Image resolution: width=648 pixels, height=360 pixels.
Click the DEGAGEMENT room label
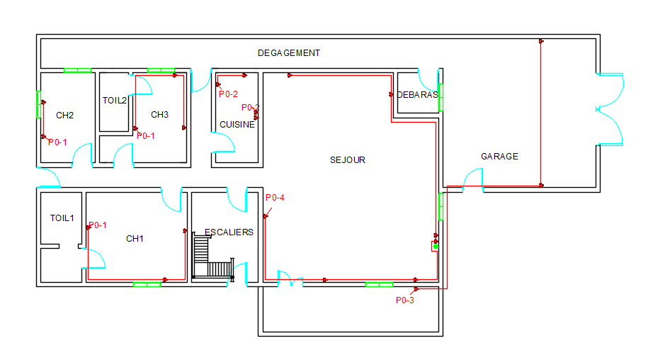pos(288,53)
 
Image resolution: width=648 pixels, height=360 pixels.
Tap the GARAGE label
pos(499,156)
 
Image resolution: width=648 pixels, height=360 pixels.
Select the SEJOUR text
pos(348,160)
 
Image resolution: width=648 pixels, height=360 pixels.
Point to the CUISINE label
pos(237,125)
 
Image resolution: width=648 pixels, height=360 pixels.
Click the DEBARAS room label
pos(417,95)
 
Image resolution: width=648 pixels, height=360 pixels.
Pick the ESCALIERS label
pos(229,232)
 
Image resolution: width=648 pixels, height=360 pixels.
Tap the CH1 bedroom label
pos(135,239)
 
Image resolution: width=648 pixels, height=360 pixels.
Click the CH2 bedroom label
pos(64,116)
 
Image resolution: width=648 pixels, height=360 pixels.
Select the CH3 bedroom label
pos(159,115)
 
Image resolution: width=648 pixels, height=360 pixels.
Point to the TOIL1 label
pos(62,218)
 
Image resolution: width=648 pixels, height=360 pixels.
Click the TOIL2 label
pos(115,101)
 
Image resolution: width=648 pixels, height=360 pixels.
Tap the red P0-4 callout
pos(275,198)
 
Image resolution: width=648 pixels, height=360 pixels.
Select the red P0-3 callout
pos(404,300)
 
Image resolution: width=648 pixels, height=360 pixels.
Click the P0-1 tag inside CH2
pos(57,142)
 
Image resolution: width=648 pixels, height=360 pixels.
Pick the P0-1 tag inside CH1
pos(98,225)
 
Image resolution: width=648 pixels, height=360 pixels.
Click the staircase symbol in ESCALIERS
pos(214,257)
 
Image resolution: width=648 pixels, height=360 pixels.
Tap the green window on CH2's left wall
pos(39,105)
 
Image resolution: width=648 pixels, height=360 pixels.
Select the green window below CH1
pos(147,284)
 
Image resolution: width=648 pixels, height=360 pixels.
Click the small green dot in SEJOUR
pos(436,247)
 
